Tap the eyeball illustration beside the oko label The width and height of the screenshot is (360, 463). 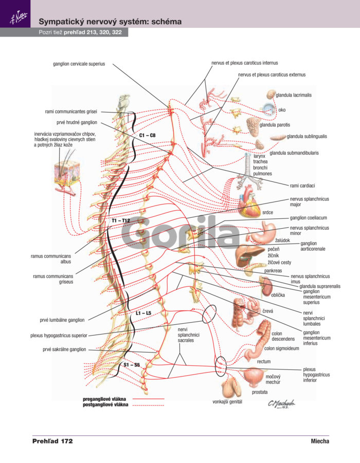(x=269, y=109)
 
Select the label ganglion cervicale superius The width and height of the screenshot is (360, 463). (x=79, y=64)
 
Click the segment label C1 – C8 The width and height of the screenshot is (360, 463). (x=147, y=135)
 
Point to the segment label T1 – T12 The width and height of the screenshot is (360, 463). (x=120, y=220)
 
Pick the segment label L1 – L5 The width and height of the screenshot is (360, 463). (x=143, y=313)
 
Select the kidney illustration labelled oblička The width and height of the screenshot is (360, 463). (x=267, y=286)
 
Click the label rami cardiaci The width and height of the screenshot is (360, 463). (x=302, y=186)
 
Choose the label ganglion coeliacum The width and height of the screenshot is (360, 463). (x=308, y=218)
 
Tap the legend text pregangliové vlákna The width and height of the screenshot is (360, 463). (x=104, y=399)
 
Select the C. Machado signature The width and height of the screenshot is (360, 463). (x=281, y=404)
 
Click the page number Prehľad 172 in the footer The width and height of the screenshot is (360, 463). (x=52, y=441)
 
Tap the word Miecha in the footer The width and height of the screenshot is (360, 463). (x=320, y=441)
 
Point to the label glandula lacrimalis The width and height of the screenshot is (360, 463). (x=294, y=95)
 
